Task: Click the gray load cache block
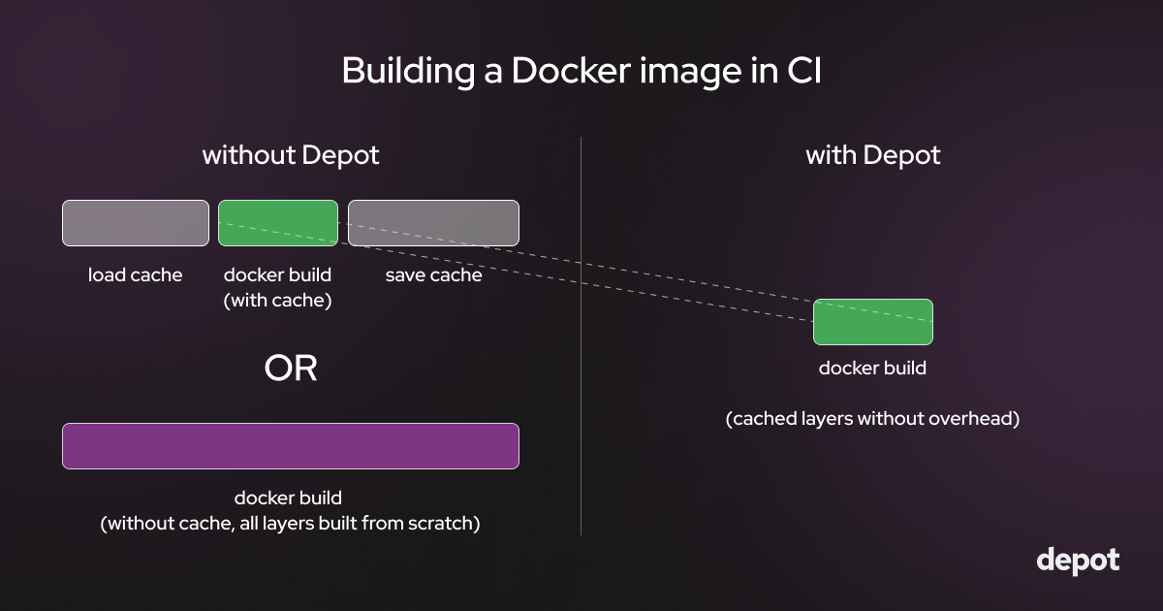136,223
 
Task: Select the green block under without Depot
278,223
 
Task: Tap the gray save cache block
433,223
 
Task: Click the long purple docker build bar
291,446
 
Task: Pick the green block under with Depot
872,322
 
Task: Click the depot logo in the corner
1078,561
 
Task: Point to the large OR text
291,369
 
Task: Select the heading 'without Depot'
291,155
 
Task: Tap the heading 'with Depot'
872,155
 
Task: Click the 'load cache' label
136,275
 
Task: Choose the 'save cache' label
433,275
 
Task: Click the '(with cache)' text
278,301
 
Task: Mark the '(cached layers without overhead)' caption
872,420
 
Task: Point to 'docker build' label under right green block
872,369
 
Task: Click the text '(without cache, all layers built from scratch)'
291,524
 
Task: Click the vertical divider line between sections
581,388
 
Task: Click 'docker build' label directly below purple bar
288,498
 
